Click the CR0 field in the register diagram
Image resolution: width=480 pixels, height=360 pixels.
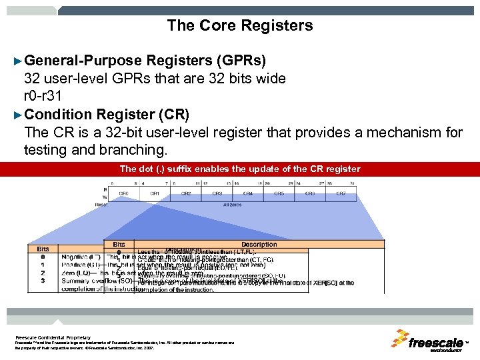coord(124,193)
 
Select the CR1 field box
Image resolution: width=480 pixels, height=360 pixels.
coord(155,193)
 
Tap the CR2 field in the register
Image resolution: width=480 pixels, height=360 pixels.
coord(186,193)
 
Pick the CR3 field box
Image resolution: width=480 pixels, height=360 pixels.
coord(217,193)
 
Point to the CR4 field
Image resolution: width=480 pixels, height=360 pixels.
coord(248,193)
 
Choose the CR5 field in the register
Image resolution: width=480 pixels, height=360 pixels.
coord(279,193)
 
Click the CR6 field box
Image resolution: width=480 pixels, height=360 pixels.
coord(310,193)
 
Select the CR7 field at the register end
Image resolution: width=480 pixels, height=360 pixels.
coord(341,193)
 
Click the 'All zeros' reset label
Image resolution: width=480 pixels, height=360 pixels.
coord(233,205)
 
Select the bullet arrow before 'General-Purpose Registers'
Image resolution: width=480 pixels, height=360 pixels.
coord(18,61)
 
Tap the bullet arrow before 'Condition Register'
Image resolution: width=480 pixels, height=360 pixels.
coord(18,113)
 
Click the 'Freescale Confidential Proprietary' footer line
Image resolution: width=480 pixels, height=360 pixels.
coord(53,337)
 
